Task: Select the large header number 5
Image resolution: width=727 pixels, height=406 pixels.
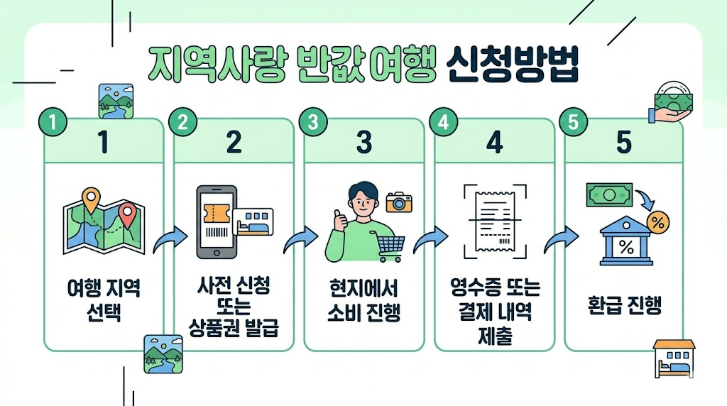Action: coord(623,143)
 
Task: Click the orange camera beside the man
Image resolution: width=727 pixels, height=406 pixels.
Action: coord(399,202)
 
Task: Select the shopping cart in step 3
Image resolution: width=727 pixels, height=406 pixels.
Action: coord(390,246)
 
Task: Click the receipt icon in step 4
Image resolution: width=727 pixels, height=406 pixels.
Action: coord(494,221)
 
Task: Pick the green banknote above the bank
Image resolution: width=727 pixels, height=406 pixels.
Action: coord(609,194)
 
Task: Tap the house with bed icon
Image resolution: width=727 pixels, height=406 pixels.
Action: coord(674,358)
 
